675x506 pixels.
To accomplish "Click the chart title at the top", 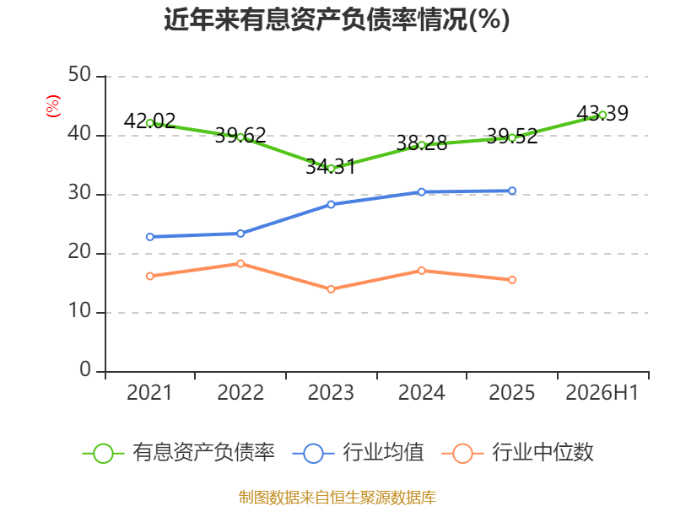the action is pyautogui.click(x=337, y=19).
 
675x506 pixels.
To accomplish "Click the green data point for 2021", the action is pyautogui.click(x=150, y=123).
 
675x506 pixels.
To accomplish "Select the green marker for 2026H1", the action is pyautogui.click(x=602, y=115).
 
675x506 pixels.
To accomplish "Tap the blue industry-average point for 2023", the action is pyautogui.click(x=331, y=204).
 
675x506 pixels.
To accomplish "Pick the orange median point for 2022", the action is pyautogui.click(x=240, y=263).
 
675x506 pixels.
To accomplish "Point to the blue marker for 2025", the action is pyautogui.click(x=512, y=191).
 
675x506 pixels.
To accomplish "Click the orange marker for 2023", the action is pyautogui.click(x=331, y=289).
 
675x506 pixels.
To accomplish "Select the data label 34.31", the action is pyautogui.click(x=331, y=166).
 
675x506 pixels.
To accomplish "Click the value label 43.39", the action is pyautogui.click(x=602, y=113).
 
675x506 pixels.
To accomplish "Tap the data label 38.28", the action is pyautogui.click(x=421, y=143).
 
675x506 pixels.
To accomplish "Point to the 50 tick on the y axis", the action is pyautogui.click(x=79, y=75).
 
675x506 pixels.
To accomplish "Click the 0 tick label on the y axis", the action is pyautogui.click(x=85, y=369).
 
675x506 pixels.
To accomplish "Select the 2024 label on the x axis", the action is pyautogui.click(x=421, y=392).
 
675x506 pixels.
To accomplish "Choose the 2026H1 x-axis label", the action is pyautogui.click(x=602, y=392).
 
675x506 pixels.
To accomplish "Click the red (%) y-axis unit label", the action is pyautogui.click(x=53, y=106).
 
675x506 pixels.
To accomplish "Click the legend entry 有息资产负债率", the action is pyautogui.click(x=179, y=453).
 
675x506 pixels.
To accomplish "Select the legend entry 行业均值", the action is pyautogui.click(x=358, y=453).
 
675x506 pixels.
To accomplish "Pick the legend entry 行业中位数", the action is pyautogui.click(x=518, y=453).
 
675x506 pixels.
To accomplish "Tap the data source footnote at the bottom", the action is pyautogui.click(x=337, y=498).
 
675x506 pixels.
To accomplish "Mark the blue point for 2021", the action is pyautogui.click(x=150, y=237).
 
